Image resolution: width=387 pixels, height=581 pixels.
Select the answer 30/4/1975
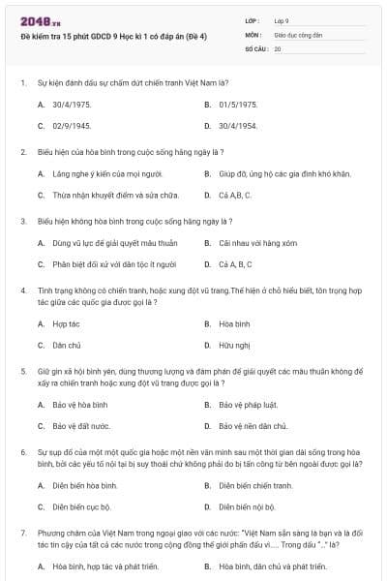click(x=72, y=104)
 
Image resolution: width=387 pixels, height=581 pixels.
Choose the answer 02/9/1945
click(x=72, y=126)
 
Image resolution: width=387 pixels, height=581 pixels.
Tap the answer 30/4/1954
click(x=238, y=126)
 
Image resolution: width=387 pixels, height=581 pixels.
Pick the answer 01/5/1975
click(x=238, y=104)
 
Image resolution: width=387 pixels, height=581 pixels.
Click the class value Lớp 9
click(x=282, y=20)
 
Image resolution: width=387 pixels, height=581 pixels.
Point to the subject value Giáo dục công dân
click(x=296, y=34)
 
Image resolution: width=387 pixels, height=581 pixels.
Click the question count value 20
click(x=278, y=47)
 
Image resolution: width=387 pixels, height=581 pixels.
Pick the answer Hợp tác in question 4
click(x=67, y=323)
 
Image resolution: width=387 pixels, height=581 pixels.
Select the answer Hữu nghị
click(x=233, y=345)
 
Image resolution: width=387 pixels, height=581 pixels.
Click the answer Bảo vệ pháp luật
click(x=248, y=404)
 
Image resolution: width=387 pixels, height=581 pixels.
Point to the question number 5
click(x=23, y=371)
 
